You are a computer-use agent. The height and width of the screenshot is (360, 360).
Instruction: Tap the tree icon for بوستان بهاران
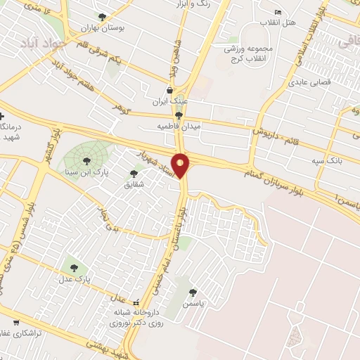(103, 17)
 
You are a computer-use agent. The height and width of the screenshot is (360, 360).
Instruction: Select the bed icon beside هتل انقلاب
(278, 13)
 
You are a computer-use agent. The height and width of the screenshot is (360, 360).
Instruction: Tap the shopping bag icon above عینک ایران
(169, 90)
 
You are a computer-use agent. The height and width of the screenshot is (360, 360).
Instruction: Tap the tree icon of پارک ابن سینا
(86, 160)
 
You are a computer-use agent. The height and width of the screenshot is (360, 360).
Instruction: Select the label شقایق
(134, 184)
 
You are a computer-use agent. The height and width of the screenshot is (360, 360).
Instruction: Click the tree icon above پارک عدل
(74, 267)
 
